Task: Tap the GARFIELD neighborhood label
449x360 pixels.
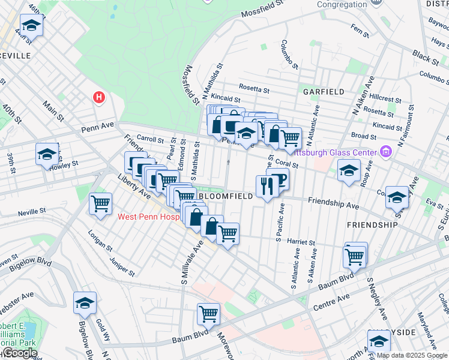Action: click(324, 92)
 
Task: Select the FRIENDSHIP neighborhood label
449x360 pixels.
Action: click(372, 224)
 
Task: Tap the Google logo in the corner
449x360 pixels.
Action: click(19, 353)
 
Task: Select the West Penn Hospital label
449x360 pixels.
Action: click(149, 217)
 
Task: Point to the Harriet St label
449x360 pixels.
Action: click(301, 242)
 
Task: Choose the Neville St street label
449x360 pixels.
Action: click(32, 212)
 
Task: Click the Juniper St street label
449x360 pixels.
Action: click(122, 266)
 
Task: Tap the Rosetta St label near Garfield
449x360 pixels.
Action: click(255, 89)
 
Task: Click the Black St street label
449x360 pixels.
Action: click(426, 57)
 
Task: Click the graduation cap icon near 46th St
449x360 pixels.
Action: click(31, 26)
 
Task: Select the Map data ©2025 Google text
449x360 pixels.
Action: click(412, 355)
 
